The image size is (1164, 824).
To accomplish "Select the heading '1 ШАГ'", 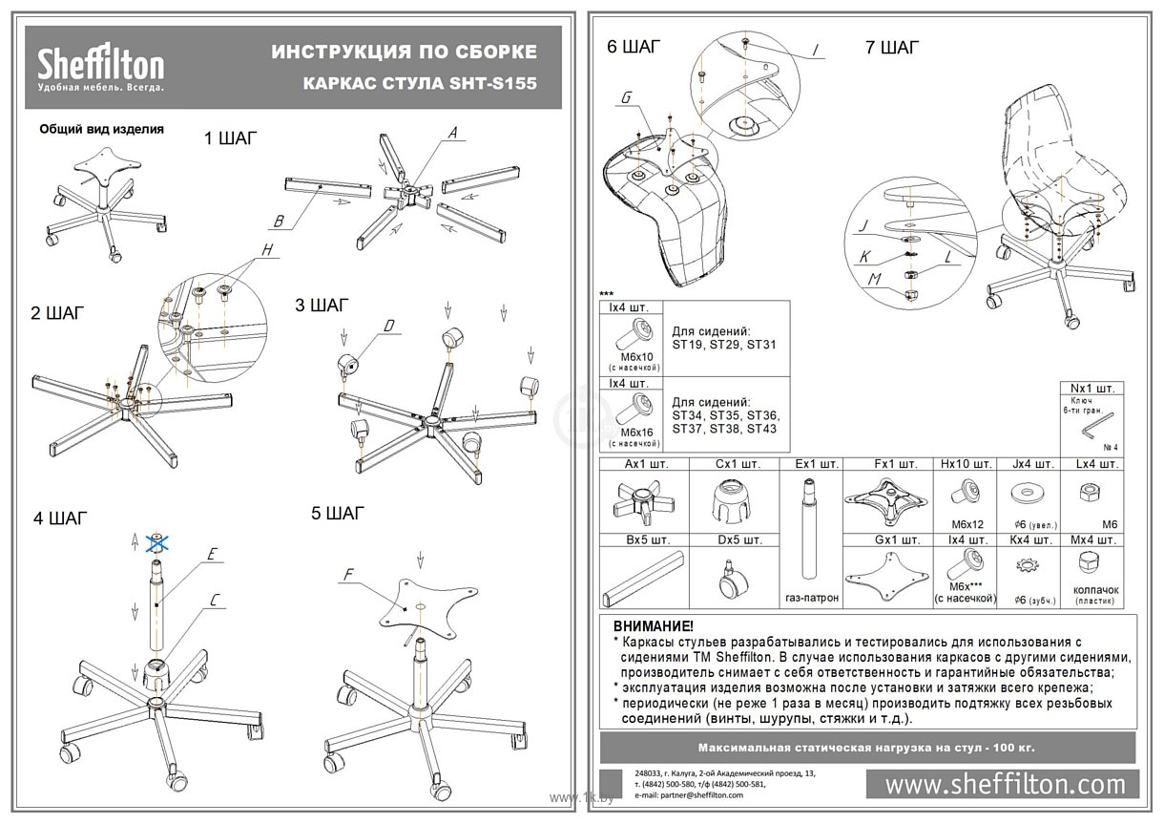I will pos(230,138).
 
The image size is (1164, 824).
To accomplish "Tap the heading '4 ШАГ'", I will pos(59,518).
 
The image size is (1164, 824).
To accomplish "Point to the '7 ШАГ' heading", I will pos(892,49).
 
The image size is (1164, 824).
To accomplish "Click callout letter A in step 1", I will pos(454,132).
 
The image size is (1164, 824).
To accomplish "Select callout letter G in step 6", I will pos(626,98).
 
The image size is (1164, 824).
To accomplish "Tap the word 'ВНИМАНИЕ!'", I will pos(655,626).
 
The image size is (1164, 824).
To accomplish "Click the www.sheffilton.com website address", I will pos(1006,784).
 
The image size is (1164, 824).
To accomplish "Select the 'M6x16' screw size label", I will pos(634,433).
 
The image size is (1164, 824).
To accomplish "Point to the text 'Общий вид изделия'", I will pos(101,128).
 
